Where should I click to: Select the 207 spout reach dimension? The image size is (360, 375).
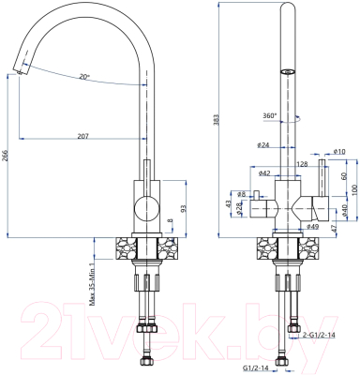[x=82, y=137]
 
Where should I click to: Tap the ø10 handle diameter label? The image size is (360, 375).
[x=339, y=150]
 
